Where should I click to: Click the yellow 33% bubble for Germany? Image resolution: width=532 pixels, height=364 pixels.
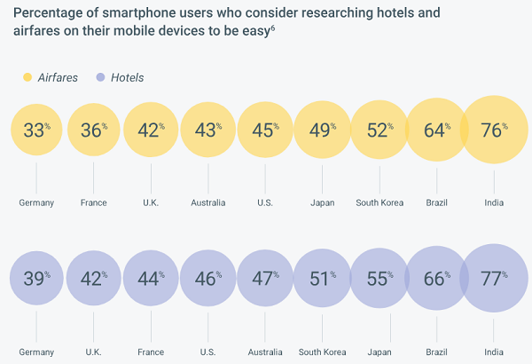(x=36, y=131)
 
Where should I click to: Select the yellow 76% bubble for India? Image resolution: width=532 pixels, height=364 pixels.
(x=493, y=131)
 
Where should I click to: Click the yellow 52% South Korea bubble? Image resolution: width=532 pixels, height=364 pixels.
(x=379, y=131)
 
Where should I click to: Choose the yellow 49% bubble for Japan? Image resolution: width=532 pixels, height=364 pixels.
(x=322, y=131)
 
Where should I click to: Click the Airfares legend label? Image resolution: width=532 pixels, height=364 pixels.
(x=58, y=77)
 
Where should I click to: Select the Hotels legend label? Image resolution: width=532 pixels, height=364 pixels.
(x=128, y=77)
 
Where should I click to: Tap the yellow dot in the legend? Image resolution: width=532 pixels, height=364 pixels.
(x=27, y=77)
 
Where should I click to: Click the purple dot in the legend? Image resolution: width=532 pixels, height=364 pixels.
(x=99, y=77)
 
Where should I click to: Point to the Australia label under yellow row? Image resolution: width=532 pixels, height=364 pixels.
(x=207, y=202)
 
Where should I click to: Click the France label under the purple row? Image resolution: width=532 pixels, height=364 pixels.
(x=151, y=352)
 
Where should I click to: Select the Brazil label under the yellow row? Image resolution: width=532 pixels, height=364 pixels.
(x=436, y=202)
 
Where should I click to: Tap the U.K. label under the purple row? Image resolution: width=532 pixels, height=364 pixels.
(x=93, y=352)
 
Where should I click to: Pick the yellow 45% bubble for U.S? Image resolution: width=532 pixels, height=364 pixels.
(x=265, y=131)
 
